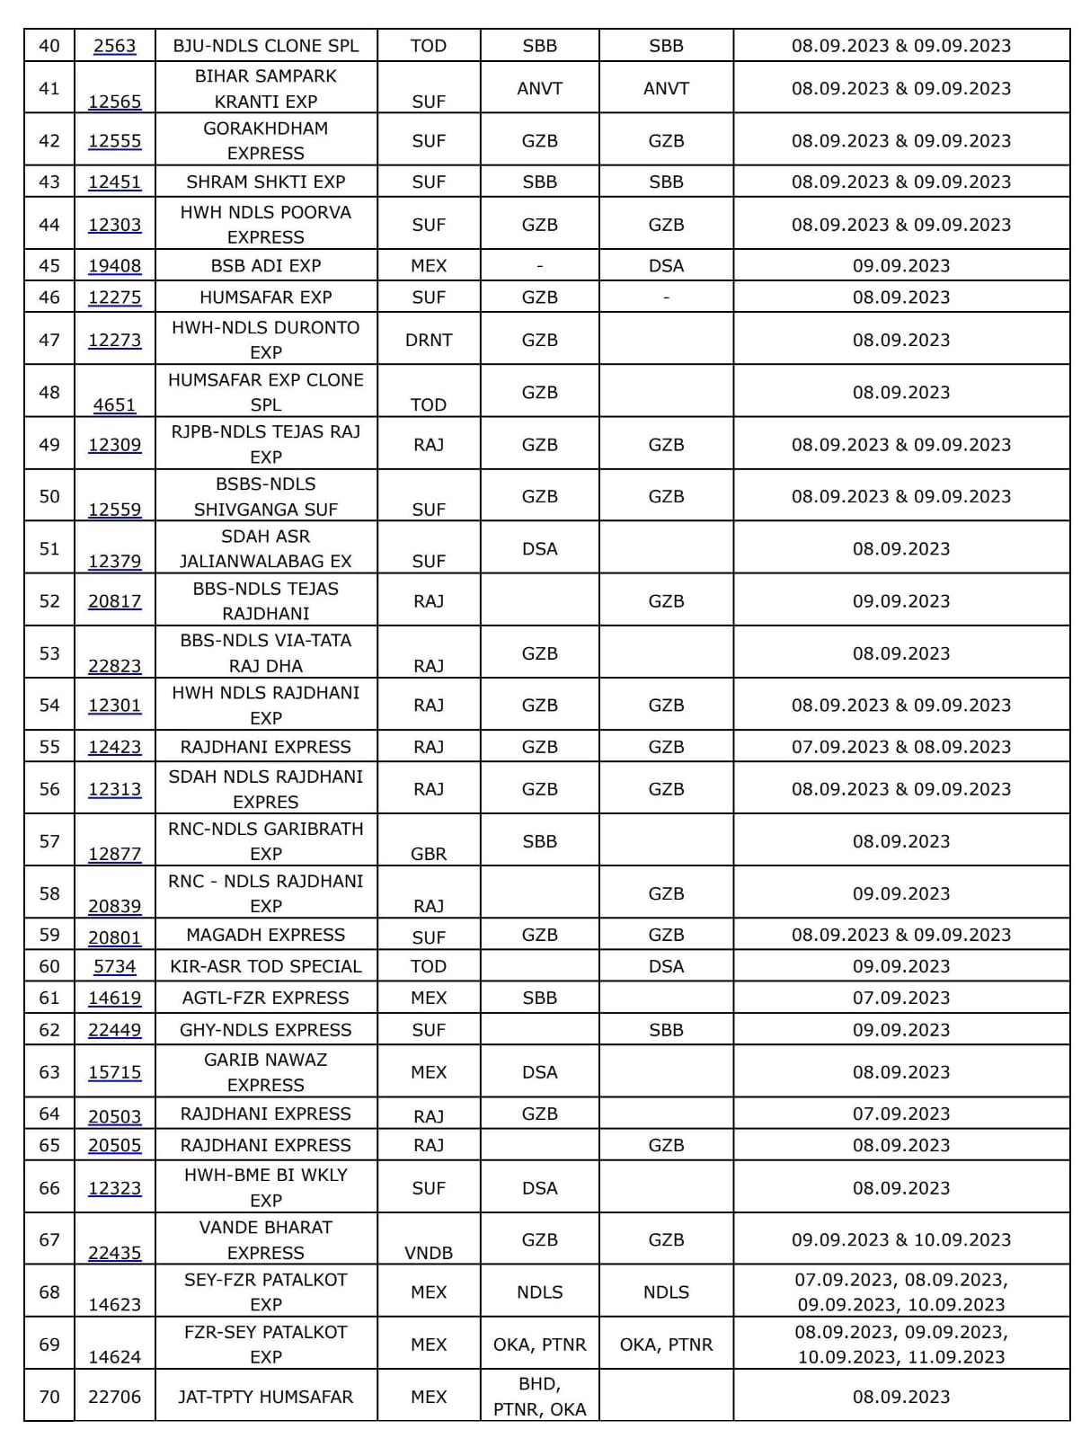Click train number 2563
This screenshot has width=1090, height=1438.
[x=115, y=47]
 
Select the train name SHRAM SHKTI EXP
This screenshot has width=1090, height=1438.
[x=266, y=182]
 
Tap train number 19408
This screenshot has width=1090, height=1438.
[x=115, y=266]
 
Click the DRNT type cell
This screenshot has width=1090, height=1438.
[x=429, y=340]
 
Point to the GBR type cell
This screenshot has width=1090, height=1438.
[x=429, y=854]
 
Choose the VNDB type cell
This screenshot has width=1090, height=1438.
[x=429, y=1253]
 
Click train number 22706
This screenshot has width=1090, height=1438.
[x=115, y=1397]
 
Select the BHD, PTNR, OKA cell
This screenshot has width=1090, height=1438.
[x=539, y=1397]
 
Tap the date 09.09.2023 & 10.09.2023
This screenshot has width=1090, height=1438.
[x=901, y=1239]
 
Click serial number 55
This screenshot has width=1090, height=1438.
[x=49, y=747]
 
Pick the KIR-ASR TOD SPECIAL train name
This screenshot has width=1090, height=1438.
[x=266, y=966]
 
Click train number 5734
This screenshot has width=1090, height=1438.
[x=115, y=967]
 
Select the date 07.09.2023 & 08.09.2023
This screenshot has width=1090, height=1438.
[x=901, y=747]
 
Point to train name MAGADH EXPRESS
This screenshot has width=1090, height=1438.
[x=266, y=935]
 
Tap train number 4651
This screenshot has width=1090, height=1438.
[x=115, y=405]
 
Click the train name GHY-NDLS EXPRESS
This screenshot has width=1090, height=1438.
[x=266, y=1030]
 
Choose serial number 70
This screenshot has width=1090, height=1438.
[x=49, y=1397]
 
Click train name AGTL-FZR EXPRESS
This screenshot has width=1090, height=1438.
[x=266, y=998]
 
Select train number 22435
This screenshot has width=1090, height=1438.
[x=115, y=1253]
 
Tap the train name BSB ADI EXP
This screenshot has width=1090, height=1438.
[x=266, y=266]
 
